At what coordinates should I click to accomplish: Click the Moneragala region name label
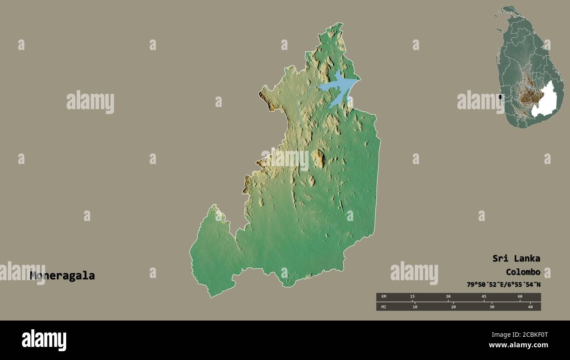[62, 276]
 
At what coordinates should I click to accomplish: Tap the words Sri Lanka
[516, 258]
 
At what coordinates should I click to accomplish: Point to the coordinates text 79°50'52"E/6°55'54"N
[503, 285]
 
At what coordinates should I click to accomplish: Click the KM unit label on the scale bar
[384, 297]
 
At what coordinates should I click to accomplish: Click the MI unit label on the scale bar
[384, 307]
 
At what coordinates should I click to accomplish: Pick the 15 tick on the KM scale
[412, 297]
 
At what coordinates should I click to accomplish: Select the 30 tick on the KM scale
[448, 297]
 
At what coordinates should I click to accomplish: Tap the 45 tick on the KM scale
[484, 297]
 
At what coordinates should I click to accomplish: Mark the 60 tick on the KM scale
[520, 297]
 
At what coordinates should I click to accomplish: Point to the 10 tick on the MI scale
[415, 307]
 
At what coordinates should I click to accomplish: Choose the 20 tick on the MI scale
[453, 307]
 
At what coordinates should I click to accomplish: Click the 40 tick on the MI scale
[530, 307]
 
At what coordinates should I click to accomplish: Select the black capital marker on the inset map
[500, 97]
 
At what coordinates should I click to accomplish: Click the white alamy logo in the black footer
[44, 340]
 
